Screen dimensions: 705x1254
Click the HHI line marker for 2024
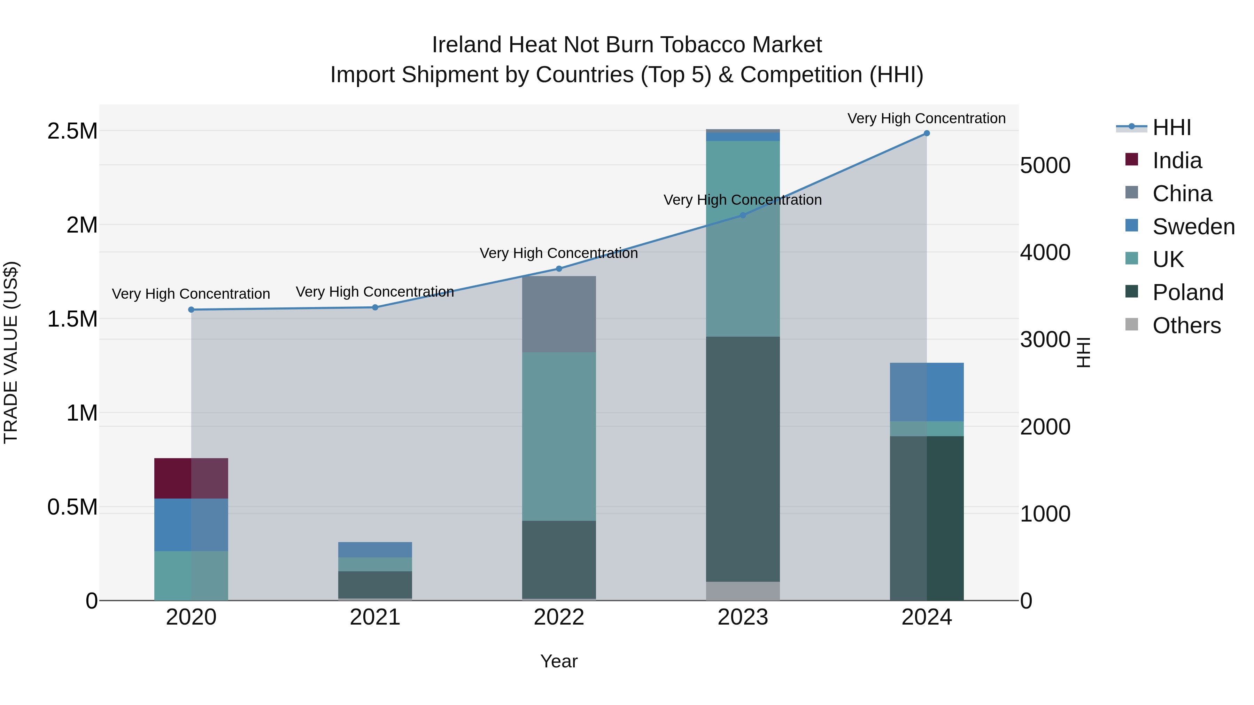point(926,133)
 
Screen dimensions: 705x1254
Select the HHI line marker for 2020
point(191,310)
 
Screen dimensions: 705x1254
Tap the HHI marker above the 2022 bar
point(559,268)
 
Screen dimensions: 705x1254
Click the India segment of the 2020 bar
point(191,478)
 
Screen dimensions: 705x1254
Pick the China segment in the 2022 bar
point(559,314)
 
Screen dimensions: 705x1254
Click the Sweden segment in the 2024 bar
point(926,392)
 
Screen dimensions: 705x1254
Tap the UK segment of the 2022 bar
point(559,437)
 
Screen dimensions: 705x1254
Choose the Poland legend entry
point(1187,292)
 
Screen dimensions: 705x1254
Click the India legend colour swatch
point(1132,159)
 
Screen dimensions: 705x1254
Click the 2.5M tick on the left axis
point(72,131)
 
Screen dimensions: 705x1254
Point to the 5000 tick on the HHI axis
point(1045,165)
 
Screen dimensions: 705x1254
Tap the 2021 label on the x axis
point(375,617)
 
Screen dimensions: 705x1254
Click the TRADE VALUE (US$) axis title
point(11,352)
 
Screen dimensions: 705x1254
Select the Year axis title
point(559,661)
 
